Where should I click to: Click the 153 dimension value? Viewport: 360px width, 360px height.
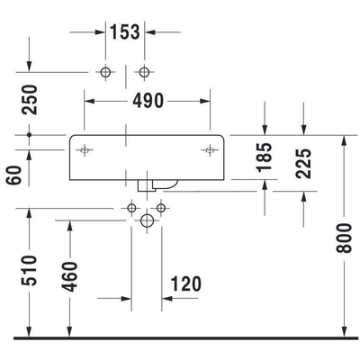coord(125,32)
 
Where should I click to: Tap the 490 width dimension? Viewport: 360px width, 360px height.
coord(148,101)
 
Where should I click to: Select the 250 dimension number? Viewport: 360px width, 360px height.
coord(30,100)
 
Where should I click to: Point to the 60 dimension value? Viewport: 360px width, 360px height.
coord(14,175)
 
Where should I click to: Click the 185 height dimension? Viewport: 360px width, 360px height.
coord(265,157)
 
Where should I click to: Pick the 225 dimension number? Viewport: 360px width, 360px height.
coord(303,164)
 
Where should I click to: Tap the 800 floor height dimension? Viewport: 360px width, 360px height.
coord(344,238)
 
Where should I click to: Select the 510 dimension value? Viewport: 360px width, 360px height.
coord(29,270)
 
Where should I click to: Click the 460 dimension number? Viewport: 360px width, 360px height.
coord(69,276)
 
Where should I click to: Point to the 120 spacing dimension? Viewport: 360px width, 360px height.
coord(186,283)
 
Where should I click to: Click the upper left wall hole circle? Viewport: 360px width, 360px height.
coord(105,72)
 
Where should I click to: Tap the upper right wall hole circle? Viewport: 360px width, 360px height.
coord(144,72)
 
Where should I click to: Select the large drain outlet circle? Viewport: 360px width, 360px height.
coord(147,220)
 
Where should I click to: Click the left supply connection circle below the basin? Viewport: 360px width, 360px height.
coord(131,208)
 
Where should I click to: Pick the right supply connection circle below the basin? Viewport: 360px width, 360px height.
coord(161,208)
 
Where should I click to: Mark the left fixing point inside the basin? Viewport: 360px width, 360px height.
coord(85,150)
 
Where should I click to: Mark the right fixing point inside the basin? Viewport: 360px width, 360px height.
coord(210,150)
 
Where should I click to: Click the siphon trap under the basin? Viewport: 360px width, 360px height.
coord(157,185)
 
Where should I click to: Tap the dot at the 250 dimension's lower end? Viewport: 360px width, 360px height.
coord(29,135)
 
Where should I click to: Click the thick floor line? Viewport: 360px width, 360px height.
coord(186,338)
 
